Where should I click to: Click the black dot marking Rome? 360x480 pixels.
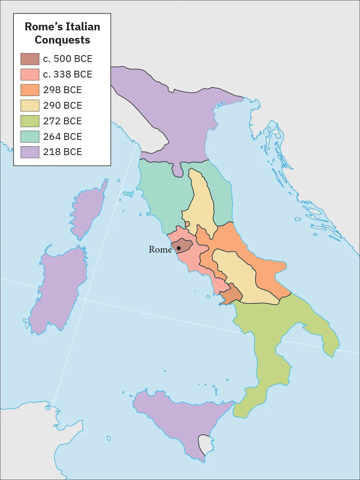[179, 248]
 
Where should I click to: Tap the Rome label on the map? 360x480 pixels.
[160, 249]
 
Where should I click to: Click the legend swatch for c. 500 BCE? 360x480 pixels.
[30, 59]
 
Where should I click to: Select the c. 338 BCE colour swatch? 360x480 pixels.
[30, 75]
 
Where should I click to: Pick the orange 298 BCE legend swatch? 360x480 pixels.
[30, 90]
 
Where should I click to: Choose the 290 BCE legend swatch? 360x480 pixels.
[30, 106]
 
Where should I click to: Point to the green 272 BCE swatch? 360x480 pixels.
[30, 121]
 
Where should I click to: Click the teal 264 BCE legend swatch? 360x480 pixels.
[30, 137]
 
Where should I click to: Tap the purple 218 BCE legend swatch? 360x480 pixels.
[30, 152]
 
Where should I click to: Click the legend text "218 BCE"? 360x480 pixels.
[62, 152]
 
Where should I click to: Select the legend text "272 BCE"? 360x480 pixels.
[62, 121]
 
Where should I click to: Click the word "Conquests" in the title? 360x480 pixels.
[62, 40]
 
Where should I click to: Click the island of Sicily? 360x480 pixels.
[176, 420]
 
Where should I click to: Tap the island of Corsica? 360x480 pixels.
[92, 210]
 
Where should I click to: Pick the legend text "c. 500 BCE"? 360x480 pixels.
[68, 59]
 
